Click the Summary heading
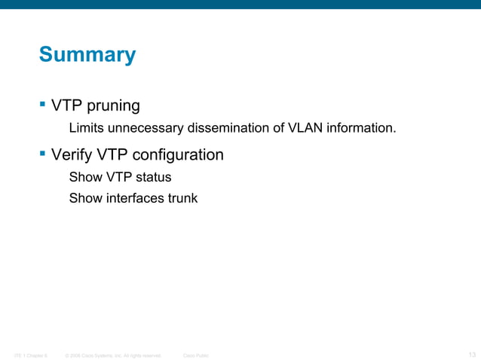(87, 55)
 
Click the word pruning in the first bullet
(112, 105)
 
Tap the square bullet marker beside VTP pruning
(42, 102)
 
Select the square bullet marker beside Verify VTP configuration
(42, 154)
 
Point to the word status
(153, 178)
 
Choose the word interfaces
(132, 199)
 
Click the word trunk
(181, 199)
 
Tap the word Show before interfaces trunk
(84, 199)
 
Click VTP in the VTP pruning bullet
(66, 105)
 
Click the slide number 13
(471, 354)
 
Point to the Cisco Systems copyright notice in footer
(113, 355)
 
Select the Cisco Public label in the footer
(196, 355)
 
